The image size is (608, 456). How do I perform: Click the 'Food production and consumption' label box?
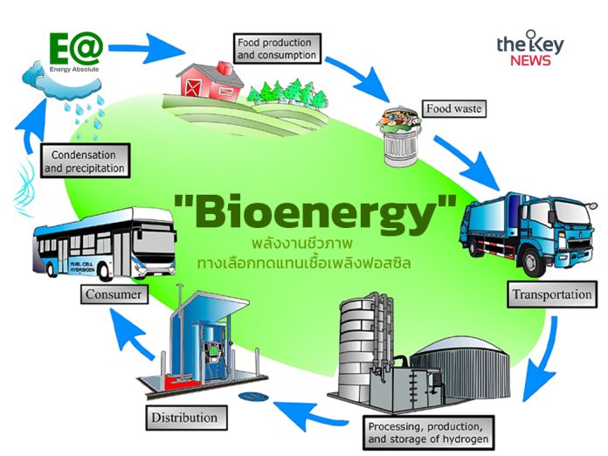pos(277,48)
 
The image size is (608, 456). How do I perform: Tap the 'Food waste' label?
pos(453,108)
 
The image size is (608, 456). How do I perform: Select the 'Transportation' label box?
pos(552,294)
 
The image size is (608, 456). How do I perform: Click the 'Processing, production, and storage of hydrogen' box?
pos(428,432)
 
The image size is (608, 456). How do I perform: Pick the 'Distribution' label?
pos(186,418)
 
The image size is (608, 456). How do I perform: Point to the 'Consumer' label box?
pos(114,294)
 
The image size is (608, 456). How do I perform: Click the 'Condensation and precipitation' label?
pos(85,161)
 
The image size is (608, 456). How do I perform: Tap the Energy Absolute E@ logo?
pos(76,52)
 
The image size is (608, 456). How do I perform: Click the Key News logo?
pos(530,48)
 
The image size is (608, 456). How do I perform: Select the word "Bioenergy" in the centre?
pos(314,212)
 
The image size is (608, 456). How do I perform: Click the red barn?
pos(210,81)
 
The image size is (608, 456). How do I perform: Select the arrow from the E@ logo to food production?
pos(147,49)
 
